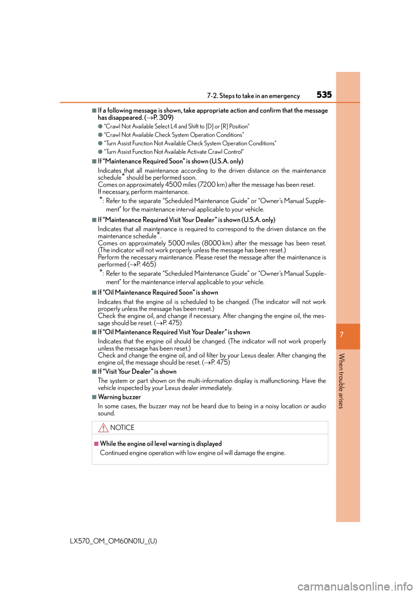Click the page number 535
coord(324,94)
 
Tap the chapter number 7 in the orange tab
coord(342,334)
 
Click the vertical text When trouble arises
coord(342,381)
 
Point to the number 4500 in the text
coord(173,185)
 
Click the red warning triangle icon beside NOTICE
coord(103,428)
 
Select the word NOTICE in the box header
coord(122,427)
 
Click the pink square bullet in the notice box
coord(96,444)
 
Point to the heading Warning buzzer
coord(119,397)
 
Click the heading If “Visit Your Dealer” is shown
coord(137,371)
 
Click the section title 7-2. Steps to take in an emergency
coord(253,96)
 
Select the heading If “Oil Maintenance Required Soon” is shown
coord(158,293)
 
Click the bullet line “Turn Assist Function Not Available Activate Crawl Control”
coord(174,152)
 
